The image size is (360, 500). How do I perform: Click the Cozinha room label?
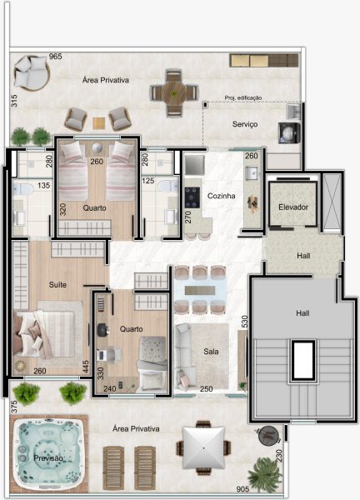point(222,196)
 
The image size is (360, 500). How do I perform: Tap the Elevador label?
point(293,207)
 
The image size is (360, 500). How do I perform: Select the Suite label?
point(57,284)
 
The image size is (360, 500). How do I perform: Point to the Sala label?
point(211,352)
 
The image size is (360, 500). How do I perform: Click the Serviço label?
point(245,124)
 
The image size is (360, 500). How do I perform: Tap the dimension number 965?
point(56,57)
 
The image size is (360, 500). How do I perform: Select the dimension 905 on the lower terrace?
point(242,489)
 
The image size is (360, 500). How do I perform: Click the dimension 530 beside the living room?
point(244,322)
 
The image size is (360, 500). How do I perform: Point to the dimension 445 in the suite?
point(85,367)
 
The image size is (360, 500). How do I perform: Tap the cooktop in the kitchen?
point(192,197)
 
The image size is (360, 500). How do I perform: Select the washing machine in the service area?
point(289,132)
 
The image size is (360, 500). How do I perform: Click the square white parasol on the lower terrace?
point(204,447)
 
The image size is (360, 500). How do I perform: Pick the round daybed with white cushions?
point(31,73)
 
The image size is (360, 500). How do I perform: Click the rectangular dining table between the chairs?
point(200,290)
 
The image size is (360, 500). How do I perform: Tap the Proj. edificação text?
point(243,97)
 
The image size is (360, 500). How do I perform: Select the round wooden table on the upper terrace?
point(174,93)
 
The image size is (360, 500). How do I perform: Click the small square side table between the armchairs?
point(99,123)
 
